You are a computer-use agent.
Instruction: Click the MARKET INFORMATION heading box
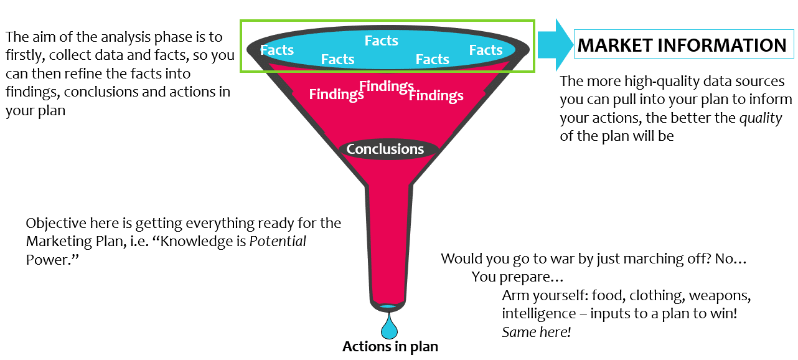click(x=682, y=45)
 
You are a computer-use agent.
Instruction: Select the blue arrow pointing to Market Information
click(x=556, y=45)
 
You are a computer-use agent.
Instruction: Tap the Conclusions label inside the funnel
click(x=385, y=149)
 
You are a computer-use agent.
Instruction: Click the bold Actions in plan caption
click(x=390, y=347)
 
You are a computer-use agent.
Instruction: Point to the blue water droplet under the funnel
click(x=390, y=327)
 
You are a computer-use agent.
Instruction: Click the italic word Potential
click(x=278, y=241)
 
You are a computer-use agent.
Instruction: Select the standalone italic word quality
click(x=761, y=118)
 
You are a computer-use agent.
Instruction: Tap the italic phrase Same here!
click(x=537, y=332)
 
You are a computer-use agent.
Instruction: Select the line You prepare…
click(x=517, y=277)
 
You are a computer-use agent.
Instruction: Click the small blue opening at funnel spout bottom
click(x=388, y=306)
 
